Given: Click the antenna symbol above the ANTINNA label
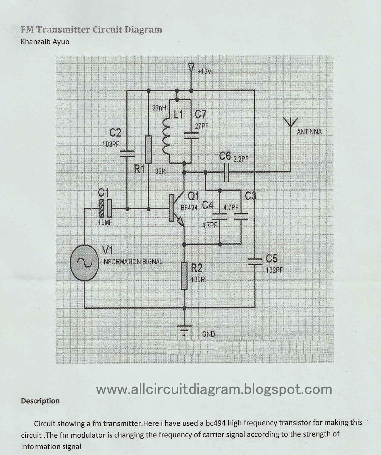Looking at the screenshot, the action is tap(290, 122).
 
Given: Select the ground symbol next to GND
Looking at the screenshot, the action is tap(184, 329).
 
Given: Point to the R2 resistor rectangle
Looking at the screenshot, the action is tap(184, 276).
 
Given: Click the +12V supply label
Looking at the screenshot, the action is tap(204, 72).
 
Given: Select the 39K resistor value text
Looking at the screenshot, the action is tap(161, 172).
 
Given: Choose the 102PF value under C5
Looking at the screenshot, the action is tap(274, 270).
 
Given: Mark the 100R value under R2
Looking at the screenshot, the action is tap(198, 279).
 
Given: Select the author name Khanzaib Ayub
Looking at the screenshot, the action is tap(45, 42).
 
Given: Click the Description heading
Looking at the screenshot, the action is tap(40, 401).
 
